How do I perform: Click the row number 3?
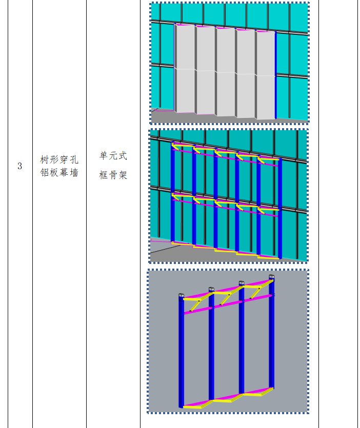[20, 166]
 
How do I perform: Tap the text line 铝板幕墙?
[59, 173]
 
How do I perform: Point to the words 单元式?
[113, 156]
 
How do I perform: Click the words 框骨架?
[113, 175]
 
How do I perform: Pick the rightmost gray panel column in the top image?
[266, 74]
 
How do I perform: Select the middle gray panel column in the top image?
[225, 71]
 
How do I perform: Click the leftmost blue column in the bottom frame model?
[181, 354]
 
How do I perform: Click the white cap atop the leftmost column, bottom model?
[181, 296]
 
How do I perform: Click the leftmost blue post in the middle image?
[173, 195]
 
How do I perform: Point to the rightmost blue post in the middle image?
[279, 208]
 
